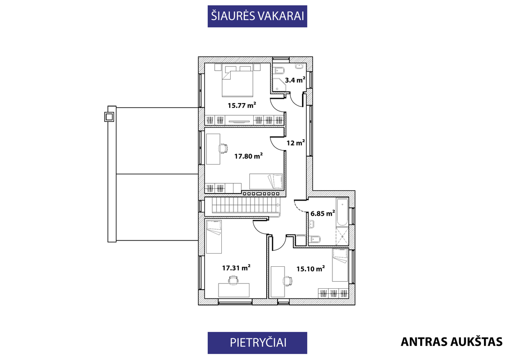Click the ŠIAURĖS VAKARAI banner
pos(257,16)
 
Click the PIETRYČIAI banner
pos(257,343)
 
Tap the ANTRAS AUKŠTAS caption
pos(452,342)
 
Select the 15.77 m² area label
pos(242,105)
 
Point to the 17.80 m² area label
pos(249,156)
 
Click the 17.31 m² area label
pos(236,268)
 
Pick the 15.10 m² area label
pos(310,269)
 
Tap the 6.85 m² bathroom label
pos(322,213)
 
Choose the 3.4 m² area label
pos(295,80)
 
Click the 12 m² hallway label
pos(295,143)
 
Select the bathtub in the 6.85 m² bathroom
pos(342,212)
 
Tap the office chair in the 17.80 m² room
pos(224,149)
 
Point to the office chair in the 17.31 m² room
pos(234,280)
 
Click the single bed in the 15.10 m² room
pos(340,265)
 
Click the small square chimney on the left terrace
pos(109,117)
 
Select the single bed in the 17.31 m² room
pos(213,236)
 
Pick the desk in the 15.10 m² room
pos(278,281)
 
